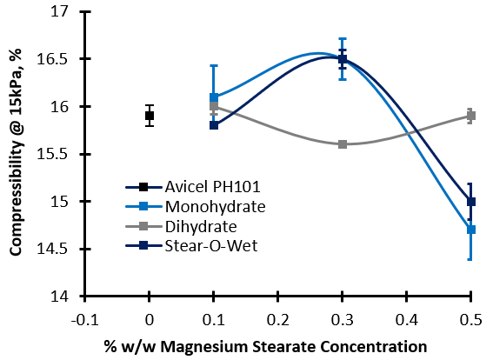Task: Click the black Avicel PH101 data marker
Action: point(150,116)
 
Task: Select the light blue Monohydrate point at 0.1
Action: point(214,97)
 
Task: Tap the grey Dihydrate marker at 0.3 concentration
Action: point(343,144)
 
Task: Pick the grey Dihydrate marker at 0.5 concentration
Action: point(470,116)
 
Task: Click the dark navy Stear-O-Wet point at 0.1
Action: point(214,125)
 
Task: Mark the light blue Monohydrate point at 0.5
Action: point(470,230)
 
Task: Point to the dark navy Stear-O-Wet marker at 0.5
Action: point(470,202)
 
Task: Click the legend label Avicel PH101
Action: point(212,187)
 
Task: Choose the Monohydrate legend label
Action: point(216,207)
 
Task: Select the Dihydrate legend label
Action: point(201,226)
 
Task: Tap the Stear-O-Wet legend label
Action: point(211,246)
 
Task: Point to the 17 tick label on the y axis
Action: point(60,11)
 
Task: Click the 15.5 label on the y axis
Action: point(52,154)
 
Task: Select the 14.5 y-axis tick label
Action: point(52,249)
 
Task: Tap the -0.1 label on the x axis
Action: point(84,320)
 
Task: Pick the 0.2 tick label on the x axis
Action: point(278,320)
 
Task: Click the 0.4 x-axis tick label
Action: point(407,320)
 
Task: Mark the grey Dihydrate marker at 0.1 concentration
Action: point(214,106)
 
